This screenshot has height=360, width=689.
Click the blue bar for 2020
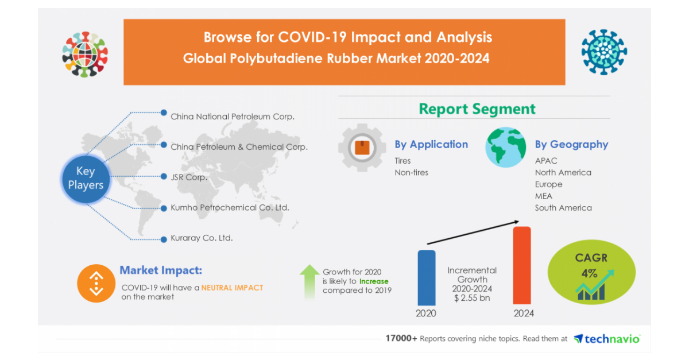coord(426,277)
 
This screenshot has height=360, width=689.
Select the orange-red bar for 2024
coord(522,265)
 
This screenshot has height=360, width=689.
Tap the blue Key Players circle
coord(86,179)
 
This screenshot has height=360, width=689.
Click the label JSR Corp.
coord(189,177)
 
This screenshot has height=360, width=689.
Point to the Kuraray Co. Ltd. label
coord(202,238)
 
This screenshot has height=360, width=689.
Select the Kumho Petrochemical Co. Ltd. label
coord(230,208)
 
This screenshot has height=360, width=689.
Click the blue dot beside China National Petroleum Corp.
coord(164,113)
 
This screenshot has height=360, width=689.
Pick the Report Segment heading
coord(477,109)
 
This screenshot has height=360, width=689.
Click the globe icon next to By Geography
coord(506,147)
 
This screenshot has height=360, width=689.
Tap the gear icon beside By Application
coord(362,148)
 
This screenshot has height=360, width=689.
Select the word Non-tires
coord(411,173)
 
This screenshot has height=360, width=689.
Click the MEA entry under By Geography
coord(544,196)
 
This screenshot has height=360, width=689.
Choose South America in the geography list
coord(563,208)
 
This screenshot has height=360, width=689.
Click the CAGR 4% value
coord(589,273)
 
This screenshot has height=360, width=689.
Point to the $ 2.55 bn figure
coord(472,298)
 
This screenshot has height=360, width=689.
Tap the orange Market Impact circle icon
coord(96,284)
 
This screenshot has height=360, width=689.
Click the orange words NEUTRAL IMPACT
coord(232,288)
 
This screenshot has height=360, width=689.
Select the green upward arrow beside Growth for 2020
coord(309,281)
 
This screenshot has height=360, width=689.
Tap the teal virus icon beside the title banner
coord(604,52)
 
